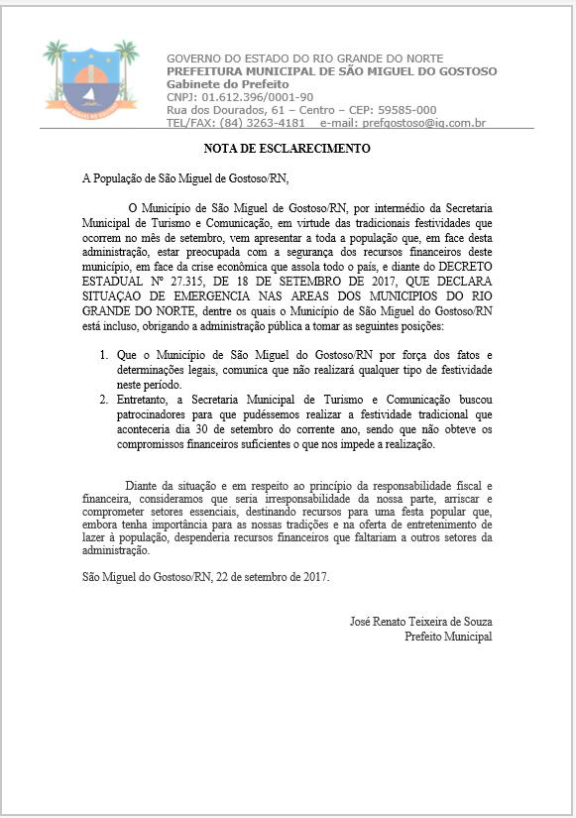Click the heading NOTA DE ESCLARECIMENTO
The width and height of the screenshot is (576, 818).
(x=287, y=149)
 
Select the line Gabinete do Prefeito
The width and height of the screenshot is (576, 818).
(x=219, y=84)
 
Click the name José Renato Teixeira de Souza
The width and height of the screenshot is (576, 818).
(x=420, y=622)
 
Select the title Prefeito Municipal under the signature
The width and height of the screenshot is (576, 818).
(x=448, y=637)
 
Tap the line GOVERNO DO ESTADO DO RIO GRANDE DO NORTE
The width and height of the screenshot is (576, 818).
(x=304, y=58)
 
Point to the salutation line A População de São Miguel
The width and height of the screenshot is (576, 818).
(x=185, y=179)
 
